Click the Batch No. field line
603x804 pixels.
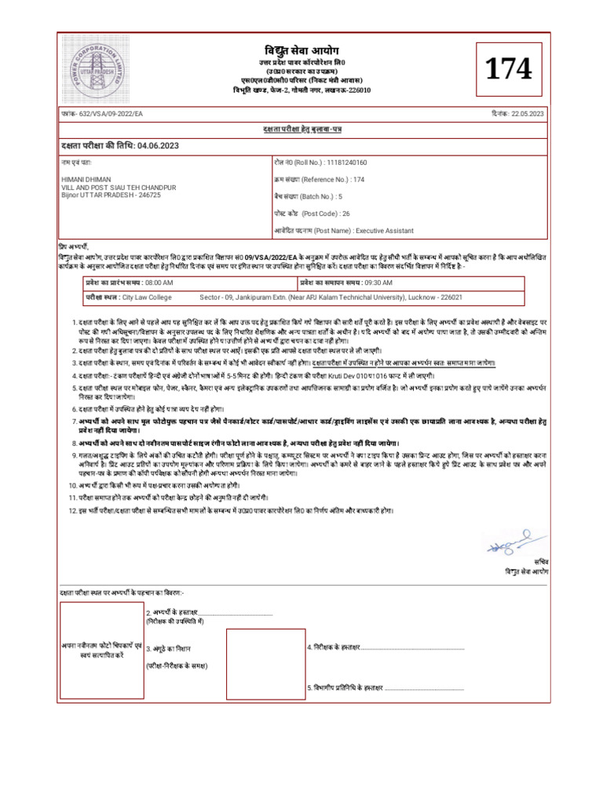point(309,197)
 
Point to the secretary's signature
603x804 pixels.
point(509,543)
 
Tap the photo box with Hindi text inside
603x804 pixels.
point(100,649)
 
